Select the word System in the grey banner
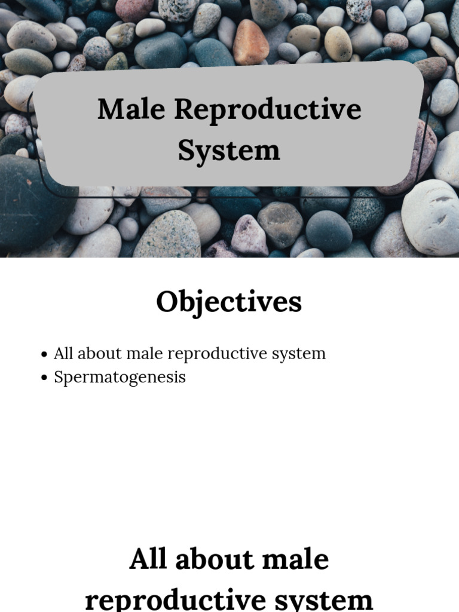229,151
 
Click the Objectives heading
229,302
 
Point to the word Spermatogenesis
120,378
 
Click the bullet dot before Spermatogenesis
44,378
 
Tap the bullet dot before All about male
44,354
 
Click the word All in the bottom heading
148,560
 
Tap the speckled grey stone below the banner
167,235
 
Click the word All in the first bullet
63,354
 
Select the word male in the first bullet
148,354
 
